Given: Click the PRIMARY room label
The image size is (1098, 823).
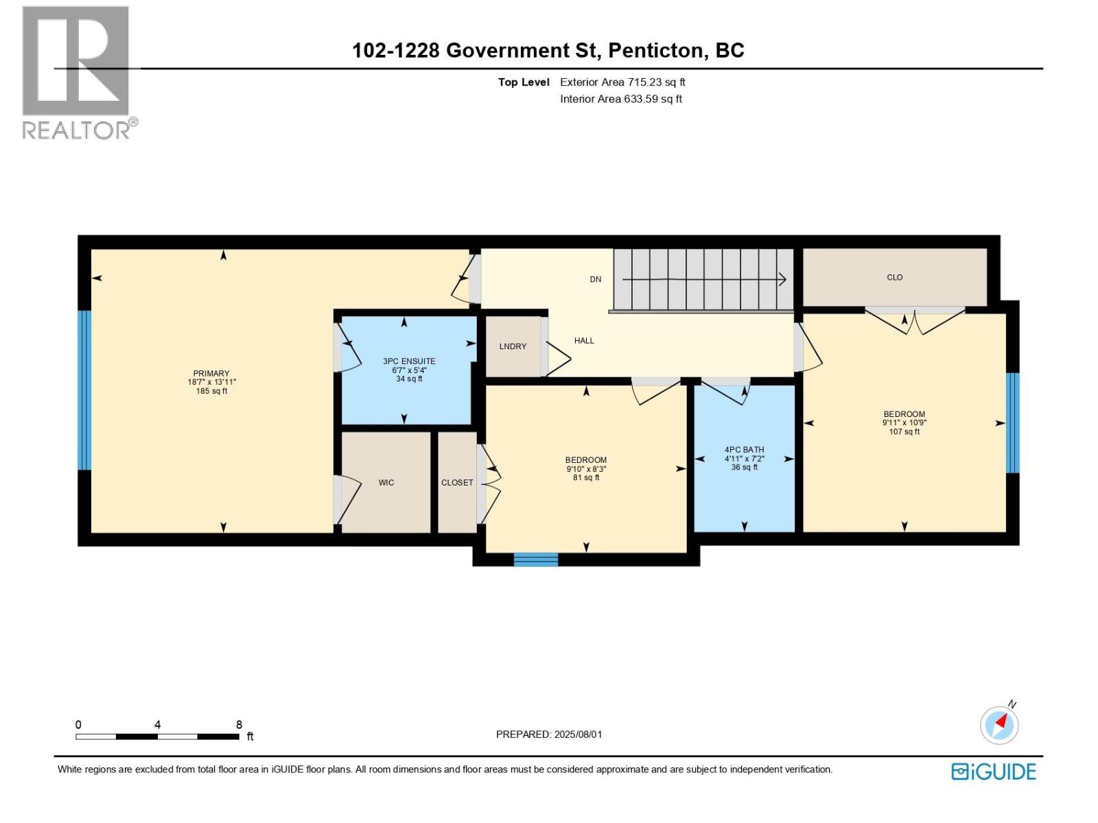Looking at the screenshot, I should (x=211, y=374).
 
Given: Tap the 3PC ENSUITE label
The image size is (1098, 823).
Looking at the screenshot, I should (x=409, y=361).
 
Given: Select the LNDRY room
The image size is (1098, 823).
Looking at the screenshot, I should (x=513, y=346).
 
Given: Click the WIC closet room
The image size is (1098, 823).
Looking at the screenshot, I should (x=386, y=483).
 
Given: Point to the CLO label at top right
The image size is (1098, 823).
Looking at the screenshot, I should (x=894, y=278).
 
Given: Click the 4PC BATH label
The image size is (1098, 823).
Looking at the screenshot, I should (x=744, y=450).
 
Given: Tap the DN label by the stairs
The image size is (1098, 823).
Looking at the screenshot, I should (x=595, y=279).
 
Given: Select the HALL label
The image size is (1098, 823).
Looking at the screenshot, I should (x=584, y=341).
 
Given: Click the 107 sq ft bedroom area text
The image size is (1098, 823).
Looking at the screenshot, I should (x=904, y=432).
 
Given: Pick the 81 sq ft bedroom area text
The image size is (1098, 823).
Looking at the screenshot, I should (x=586, y=478).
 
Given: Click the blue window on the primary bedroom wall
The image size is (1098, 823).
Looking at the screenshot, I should (x=84, y=390).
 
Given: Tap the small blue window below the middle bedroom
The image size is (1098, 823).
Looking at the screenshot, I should (x=536, y=560).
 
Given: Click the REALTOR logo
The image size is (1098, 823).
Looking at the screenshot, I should (x=76, y=72).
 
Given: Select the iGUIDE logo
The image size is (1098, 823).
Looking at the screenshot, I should (x=993, y=772).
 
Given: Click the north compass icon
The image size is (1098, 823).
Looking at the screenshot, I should (x=999, y=724).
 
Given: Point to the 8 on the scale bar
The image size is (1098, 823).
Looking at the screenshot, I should (x=239, y=725).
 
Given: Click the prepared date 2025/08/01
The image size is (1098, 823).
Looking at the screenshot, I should (x=578, y=735).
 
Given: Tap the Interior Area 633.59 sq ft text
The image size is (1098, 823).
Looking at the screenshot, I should (x=620, y=99).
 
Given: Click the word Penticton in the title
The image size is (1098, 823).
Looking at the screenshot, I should (x=655, y=50).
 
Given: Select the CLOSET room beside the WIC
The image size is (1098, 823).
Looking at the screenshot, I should (x=457, y=483).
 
